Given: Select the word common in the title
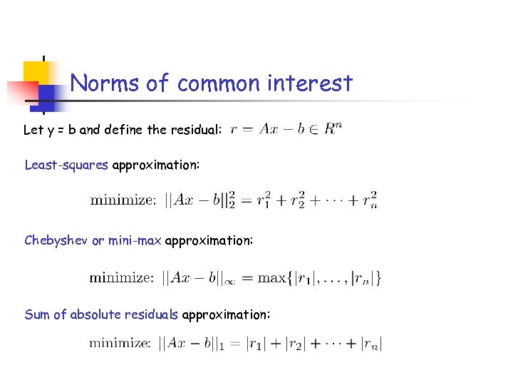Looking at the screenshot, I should (x=220, y=83).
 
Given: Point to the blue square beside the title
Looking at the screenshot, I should (x=51, y=96).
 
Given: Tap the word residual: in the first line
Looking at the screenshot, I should (x=199, y=130).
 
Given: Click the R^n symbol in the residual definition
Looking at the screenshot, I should (x=331, y=129).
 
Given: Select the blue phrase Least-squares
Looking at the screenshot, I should (x=66, y=165).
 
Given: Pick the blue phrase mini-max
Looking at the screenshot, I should (x=135, y=241).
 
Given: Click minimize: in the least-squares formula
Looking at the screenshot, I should (x=123, y=201).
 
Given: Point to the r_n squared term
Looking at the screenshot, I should (x=368, y=200).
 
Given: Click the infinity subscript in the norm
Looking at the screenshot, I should (x=231, y=281).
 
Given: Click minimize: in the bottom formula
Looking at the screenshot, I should (x=120, y=344).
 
